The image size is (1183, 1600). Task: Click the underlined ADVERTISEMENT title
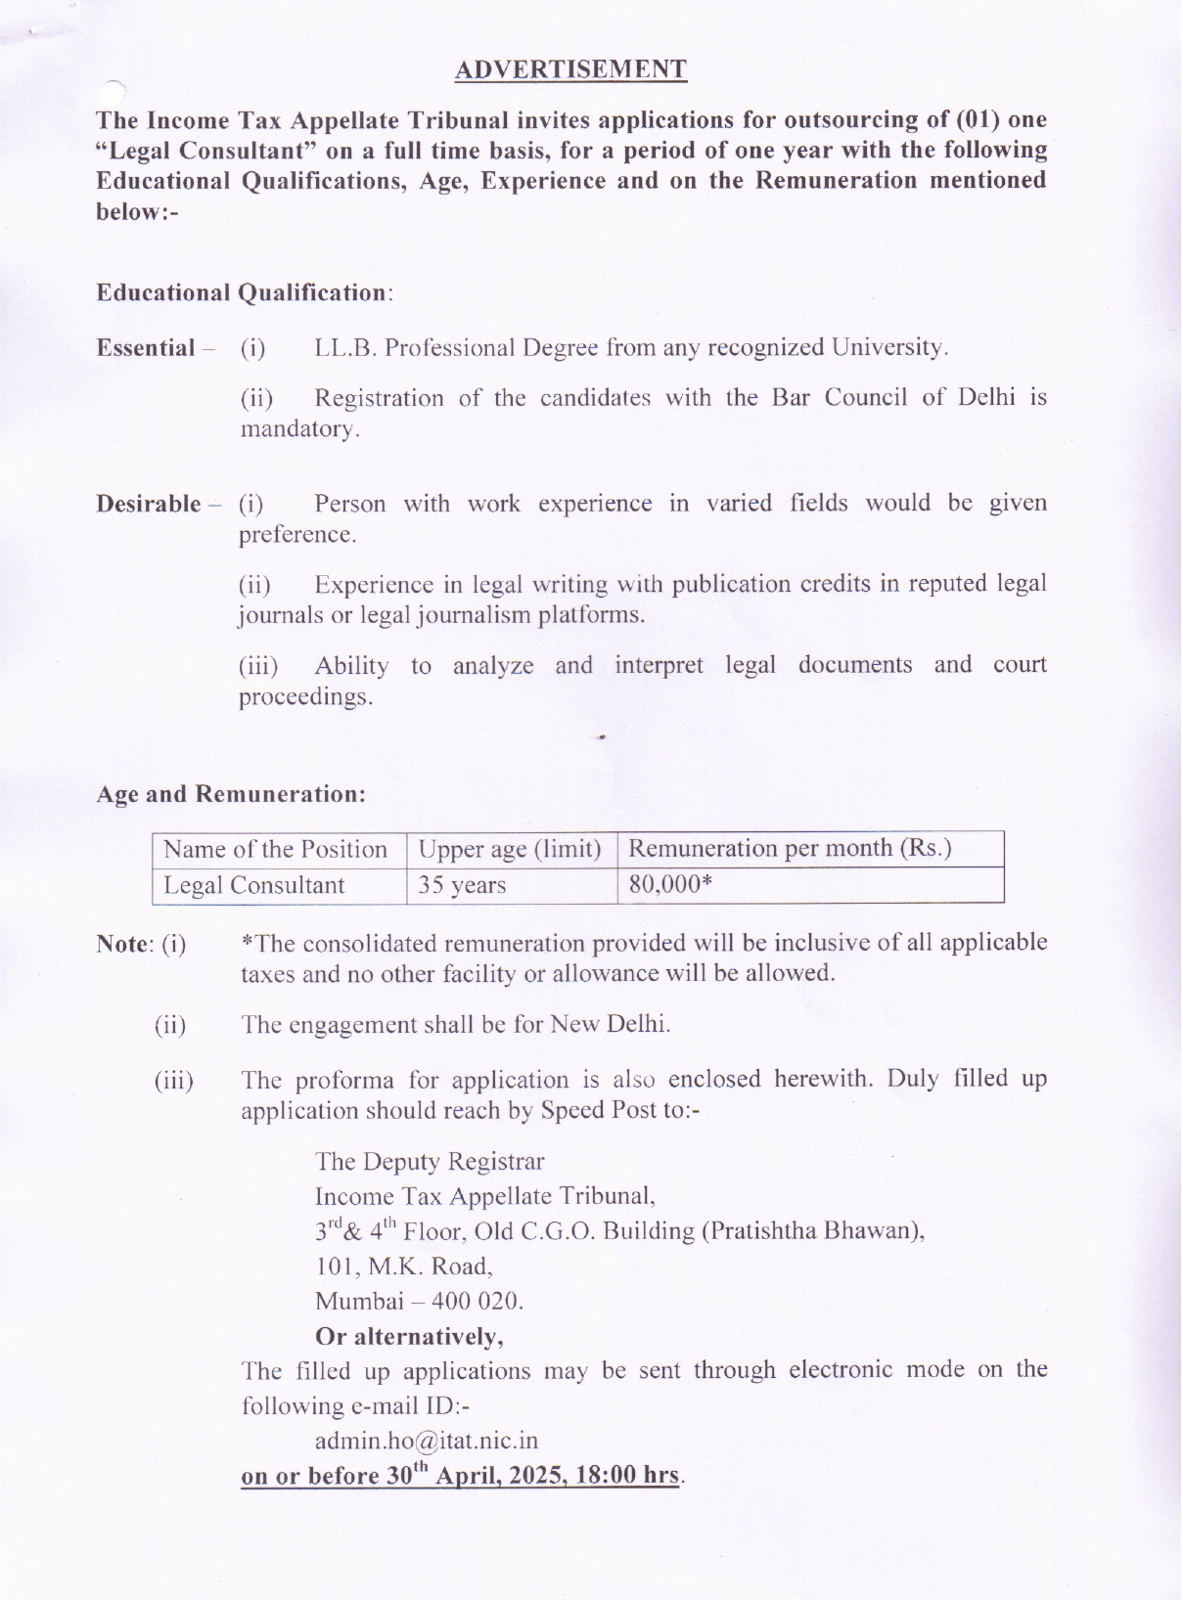(x=570, y=69)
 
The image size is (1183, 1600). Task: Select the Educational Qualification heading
(x=242, y=292)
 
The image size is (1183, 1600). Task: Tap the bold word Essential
(x=146, y=348)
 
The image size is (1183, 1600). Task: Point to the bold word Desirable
(x=149, y=504)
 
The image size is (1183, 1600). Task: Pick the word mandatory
(x=298, y=429)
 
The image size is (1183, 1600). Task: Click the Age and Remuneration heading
(x=231, y=794)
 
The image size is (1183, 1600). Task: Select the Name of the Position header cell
(x=275, y=849)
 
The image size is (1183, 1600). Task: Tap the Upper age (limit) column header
(x=510, y=849)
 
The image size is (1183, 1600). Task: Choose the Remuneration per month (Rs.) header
(x=790, y=848)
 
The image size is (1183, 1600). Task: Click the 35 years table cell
(x=462, y=885)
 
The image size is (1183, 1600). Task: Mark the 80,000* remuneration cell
(x=670, y=884)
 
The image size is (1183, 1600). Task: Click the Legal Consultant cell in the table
(x=253, y=885)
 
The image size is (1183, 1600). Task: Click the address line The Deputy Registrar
(x=430, y=1161)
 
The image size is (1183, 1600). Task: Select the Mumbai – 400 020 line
(x=419, y=1302)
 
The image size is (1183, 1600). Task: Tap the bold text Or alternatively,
(x=409, y=1336)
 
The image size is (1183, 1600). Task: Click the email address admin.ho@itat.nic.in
(x=427, y=1441)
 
